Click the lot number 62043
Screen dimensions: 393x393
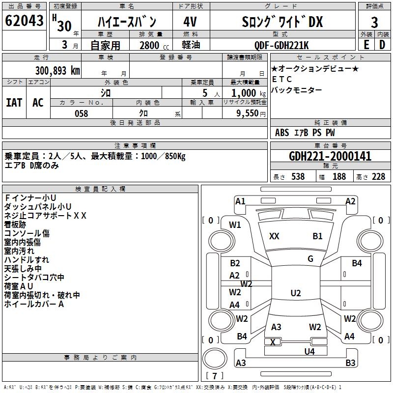[x=24, y=22]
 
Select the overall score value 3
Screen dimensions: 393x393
[x=374, y=23]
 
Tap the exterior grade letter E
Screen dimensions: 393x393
[x=366, y=44]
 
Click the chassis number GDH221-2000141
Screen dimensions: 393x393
[x=330, y=156]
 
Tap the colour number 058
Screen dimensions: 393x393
[x=81, y=113]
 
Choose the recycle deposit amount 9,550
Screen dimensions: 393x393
[x=244, y=113]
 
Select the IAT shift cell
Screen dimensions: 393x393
[x=14, y=103]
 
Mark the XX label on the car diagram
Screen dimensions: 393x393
[x=274, y=236]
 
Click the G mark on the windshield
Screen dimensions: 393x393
[x=310, y=259]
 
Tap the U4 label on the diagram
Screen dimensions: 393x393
[x=309, y=351]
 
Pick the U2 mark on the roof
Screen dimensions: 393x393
[x=295, y=293]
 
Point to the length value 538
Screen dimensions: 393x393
[x=298, y=177]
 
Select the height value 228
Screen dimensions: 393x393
[x=378, y=177]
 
